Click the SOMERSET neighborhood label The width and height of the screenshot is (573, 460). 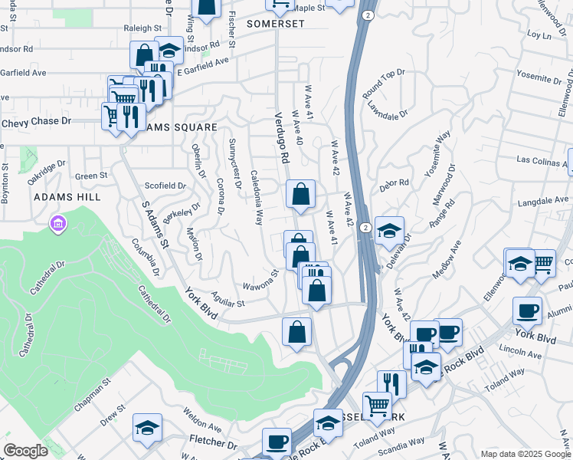pos(276,24)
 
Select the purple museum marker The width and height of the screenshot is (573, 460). pos(57,224)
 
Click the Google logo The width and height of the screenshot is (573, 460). pos(25,451)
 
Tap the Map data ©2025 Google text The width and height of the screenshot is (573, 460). pos(525,454)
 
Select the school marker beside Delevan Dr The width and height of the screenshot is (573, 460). pos(389,230)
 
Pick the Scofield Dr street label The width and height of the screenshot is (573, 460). pos(165,186)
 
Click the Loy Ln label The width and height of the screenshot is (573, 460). pos(535,34)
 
